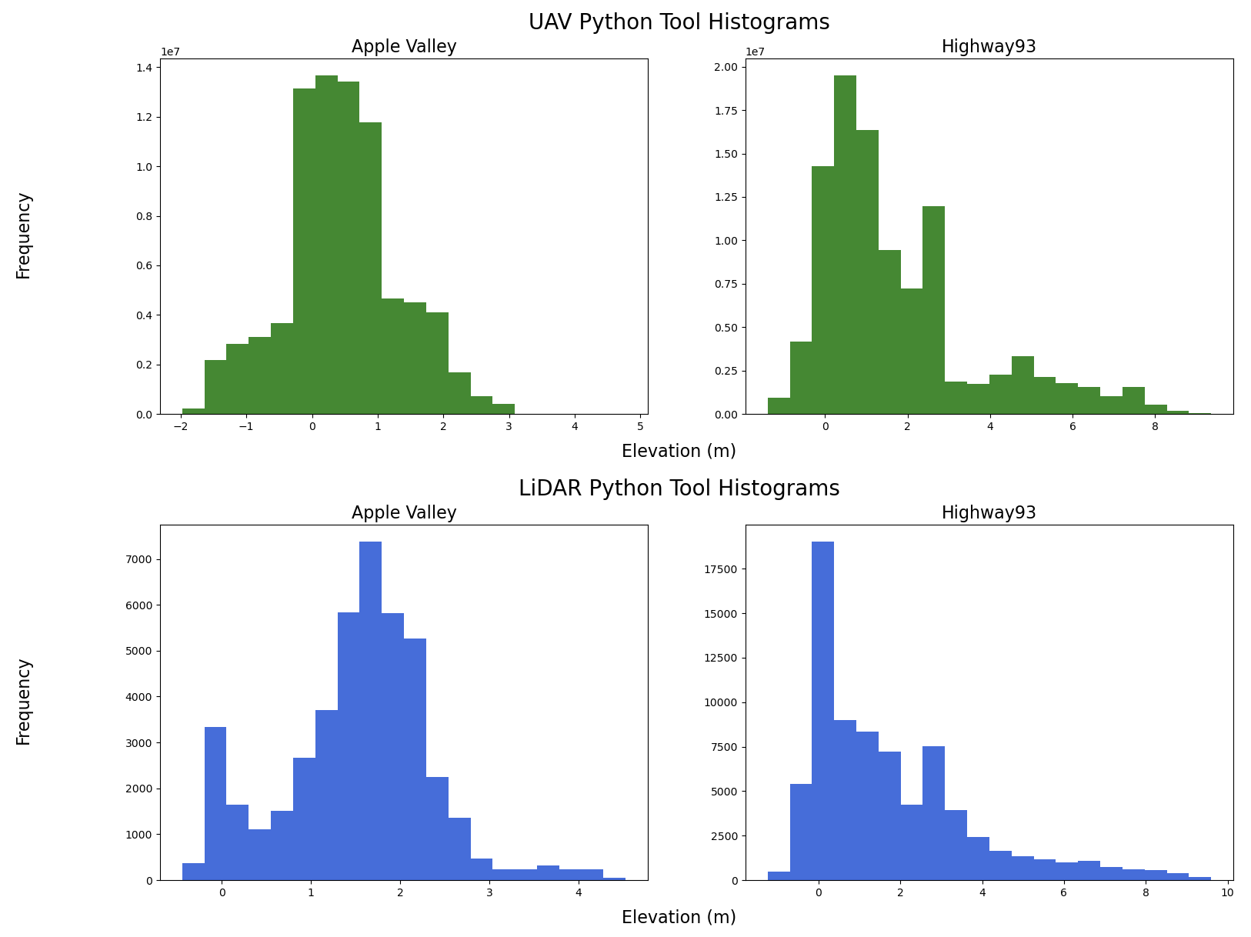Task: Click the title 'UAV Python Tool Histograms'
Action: coord(679,22)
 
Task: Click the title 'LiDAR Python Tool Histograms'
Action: coord(679,489)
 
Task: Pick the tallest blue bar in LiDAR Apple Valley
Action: coord(370,711)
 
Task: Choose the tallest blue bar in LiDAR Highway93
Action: coord(822,711)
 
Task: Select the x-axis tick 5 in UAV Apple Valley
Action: coord(640,426)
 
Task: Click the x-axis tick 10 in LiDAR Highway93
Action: coord(1226,892)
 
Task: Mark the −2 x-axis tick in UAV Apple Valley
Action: coord(181,426)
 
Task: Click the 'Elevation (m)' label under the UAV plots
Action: coord(679,452)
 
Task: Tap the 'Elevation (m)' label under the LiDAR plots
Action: coord(679,917)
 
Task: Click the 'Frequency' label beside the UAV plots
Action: coord(24,235)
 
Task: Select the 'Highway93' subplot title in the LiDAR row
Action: coord(989,513)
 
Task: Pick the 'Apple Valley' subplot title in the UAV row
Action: coord(404,47)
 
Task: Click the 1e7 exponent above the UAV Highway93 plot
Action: coord(756,52)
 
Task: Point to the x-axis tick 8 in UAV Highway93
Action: coord(1155,426)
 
